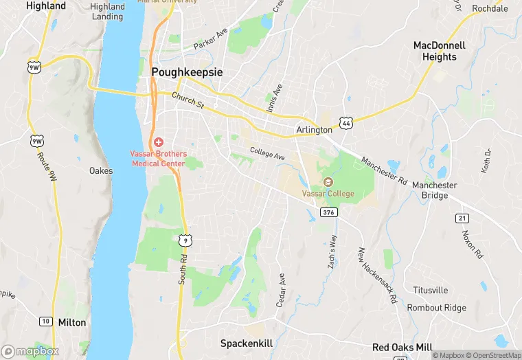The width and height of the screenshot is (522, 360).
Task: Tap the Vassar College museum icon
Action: [x=328, y=182]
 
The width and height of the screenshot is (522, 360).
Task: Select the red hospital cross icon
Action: [x=159, y=142]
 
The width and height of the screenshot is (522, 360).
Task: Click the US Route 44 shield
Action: [x=345, y=123]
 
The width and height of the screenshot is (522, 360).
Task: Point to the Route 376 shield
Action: [x=328, y=212]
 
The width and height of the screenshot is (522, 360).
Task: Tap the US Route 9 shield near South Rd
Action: [x=184, y=239]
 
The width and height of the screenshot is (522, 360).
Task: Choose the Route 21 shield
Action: [x=461, y=218]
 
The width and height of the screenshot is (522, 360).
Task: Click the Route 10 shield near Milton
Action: [x=45, y=321]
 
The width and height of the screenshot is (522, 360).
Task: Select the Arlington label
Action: [x=314, y=130]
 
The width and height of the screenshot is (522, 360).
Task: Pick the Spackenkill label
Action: [x=247, y=342]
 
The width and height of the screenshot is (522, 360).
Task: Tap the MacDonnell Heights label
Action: [x=440, y=51]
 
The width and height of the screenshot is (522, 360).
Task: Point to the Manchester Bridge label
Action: [x=434, y=190]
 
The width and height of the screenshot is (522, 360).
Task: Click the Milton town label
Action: [x=72, y=322]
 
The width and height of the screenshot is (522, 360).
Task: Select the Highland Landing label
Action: [x=107, y=11]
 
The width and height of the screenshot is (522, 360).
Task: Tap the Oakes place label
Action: [x=101, y=170]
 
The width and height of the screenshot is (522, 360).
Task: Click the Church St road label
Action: [x=188, y=100]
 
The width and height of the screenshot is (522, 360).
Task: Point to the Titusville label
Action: [x=430, y=291]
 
